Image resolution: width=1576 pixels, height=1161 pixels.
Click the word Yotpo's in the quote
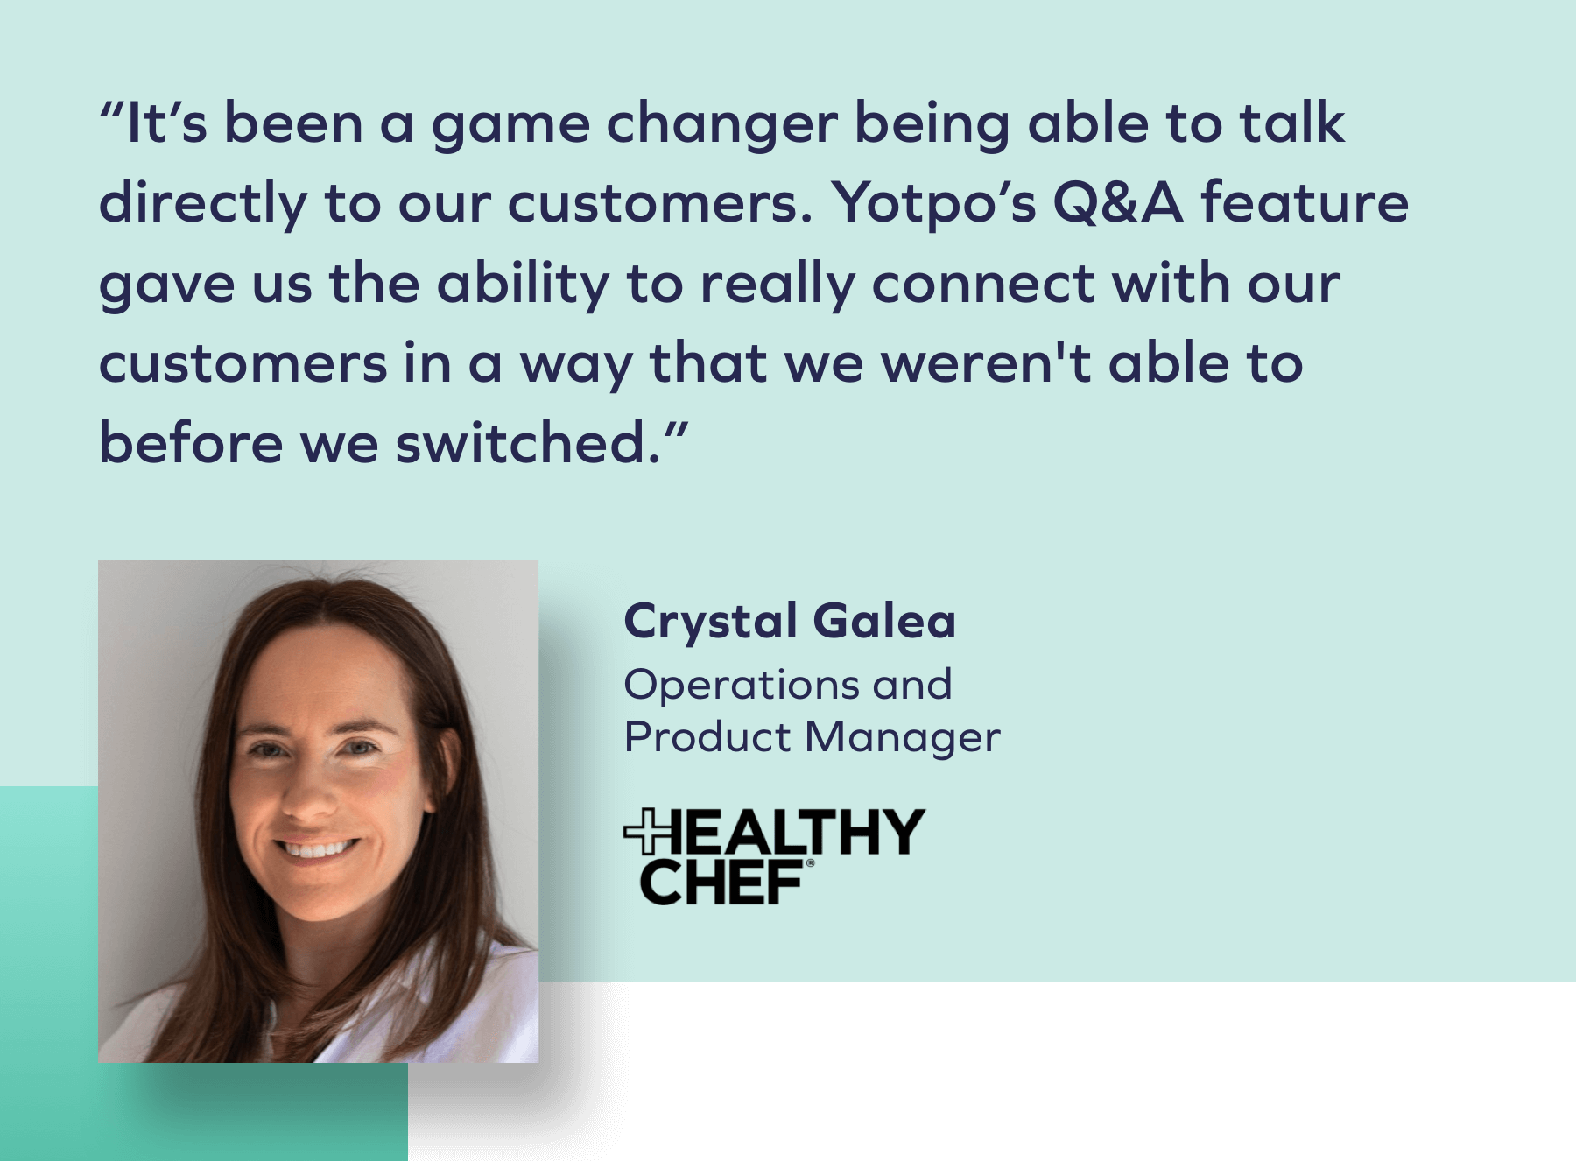tap(934, 203)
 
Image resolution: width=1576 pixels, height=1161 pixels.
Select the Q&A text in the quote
tap(1118, 202)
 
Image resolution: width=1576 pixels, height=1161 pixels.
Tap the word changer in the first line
tap(722, 123)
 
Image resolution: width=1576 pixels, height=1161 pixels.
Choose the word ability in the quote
tap(523, 285)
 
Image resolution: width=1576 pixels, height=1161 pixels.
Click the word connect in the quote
tap(983, 284)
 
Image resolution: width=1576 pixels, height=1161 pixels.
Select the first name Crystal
tap(710, 623)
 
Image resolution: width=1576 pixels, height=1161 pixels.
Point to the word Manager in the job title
tap(903, 737)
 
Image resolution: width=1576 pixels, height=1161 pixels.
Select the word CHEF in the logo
tap(722, 882)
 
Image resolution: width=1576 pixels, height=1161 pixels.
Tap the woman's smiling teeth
tap(316, 849)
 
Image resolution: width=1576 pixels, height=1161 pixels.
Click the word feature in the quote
tap(1305, 202)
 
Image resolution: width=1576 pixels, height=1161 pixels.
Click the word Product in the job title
tap(707, 737)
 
